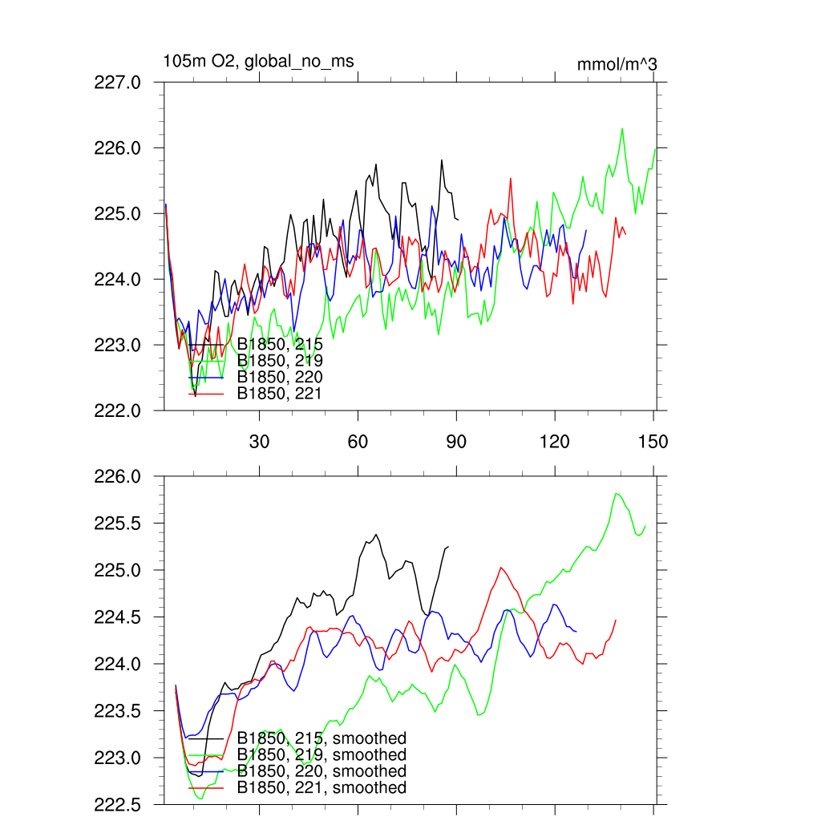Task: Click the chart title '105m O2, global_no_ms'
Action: pyautogui.click(x=258, y=62)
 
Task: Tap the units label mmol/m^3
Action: pyautogui.click(x=617, y=64)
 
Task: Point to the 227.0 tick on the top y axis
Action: pyautogui.click(x=118, y=83)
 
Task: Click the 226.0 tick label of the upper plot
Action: pyautogui.click(x=118, y=148)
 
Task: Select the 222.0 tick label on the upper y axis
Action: pyautogui.click(x=118, y=410)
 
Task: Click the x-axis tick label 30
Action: pyautogui.click(x=260, y=441)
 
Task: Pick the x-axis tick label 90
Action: pyautogui.click(x=456, y=441)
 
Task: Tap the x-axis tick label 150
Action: pyautogui.click(x=653, y=441)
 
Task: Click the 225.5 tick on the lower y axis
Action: pyautogui.click(x=118, y=524)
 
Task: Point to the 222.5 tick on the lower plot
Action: pyautogui.click(x=118, y=804)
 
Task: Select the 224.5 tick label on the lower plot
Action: pyautogui.click(x=118, y=617)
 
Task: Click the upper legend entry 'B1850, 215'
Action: pyautogui.click(x=280, y=344)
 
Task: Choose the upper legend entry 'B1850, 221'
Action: pyautogui.click(x=280, y=393)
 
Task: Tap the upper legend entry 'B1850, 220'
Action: pyautogui.click(x=280, y=376)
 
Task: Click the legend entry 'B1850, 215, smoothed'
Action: pyautogui.click(x=322, y=738)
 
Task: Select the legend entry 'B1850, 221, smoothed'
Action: pyautogui.click(x=322, y=787)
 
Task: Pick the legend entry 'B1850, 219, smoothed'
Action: pyautogui.click(x=322, y=755)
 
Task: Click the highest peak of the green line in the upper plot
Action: pyautogui.click(x=622, y=128)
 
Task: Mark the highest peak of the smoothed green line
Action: pyautogui.click(x=616, y=493)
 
